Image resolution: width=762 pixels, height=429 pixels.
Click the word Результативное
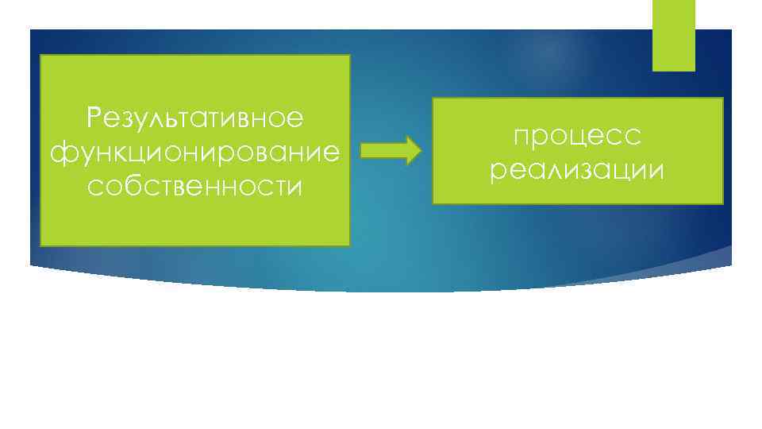point(195,118)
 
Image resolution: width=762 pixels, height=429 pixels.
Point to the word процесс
point(577,137)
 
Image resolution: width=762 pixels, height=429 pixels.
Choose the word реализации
point(577,169)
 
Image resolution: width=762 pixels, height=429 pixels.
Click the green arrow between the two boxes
point(390,150)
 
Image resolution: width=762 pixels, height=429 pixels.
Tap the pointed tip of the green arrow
point(421,150)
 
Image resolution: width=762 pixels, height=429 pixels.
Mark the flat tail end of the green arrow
point(362,150)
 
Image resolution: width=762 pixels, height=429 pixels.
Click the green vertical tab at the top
point(673,35)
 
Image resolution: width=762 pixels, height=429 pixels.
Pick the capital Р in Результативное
point(95,118)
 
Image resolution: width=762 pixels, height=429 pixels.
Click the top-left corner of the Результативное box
point(40,56)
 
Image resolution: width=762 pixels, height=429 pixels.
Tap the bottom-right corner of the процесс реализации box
point(723,204)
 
